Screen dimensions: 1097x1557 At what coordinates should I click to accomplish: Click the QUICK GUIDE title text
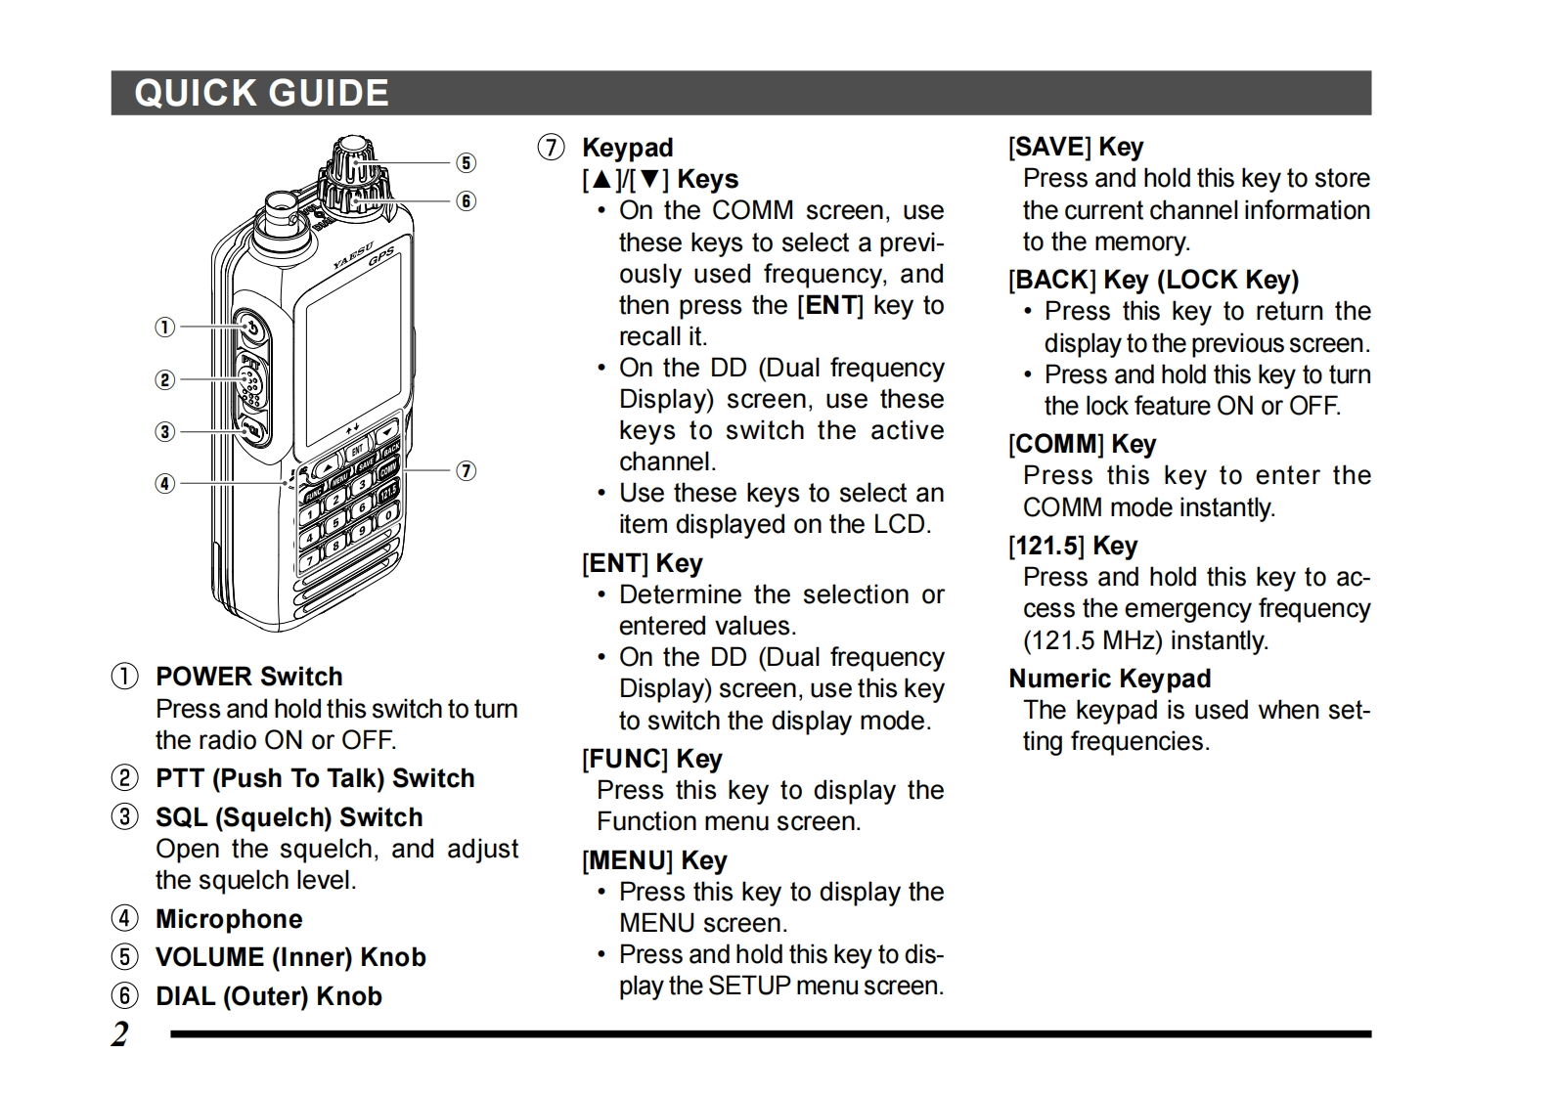pos(261,94)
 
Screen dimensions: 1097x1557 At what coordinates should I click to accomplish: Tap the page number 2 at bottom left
pos(120,1033)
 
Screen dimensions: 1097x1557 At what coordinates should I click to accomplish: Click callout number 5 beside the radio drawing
pos(467,162)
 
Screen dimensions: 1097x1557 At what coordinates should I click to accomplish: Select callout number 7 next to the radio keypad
pos(467,470)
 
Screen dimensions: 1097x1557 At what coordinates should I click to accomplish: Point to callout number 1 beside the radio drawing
pos(165,327)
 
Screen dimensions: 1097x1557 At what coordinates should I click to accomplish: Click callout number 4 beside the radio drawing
pos(165,483)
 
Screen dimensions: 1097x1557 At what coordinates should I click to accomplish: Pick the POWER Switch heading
pos(248,677)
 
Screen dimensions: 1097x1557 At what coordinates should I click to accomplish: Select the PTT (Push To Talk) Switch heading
pos(314,778)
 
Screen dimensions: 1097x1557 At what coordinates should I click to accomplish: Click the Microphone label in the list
pos(229,919)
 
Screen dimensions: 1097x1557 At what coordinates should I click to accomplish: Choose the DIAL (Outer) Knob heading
pos(268,996)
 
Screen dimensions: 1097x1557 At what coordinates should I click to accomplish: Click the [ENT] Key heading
pos(642,563)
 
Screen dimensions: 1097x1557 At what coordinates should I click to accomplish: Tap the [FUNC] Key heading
pos(651,759)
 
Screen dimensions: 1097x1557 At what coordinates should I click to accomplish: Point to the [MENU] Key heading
pos(654,860)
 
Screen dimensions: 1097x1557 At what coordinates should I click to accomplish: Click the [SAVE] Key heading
pos(1076,147)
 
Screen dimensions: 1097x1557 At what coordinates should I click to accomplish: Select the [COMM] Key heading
pos(1082,444)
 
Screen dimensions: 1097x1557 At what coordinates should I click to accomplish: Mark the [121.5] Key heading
pos(1073,546)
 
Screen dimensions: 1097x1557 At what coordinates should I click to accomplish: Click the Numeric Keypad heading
pos(1109,679)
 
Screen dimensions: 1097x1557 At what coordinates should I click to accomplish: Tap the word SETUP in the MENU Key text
pos(749,986)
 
